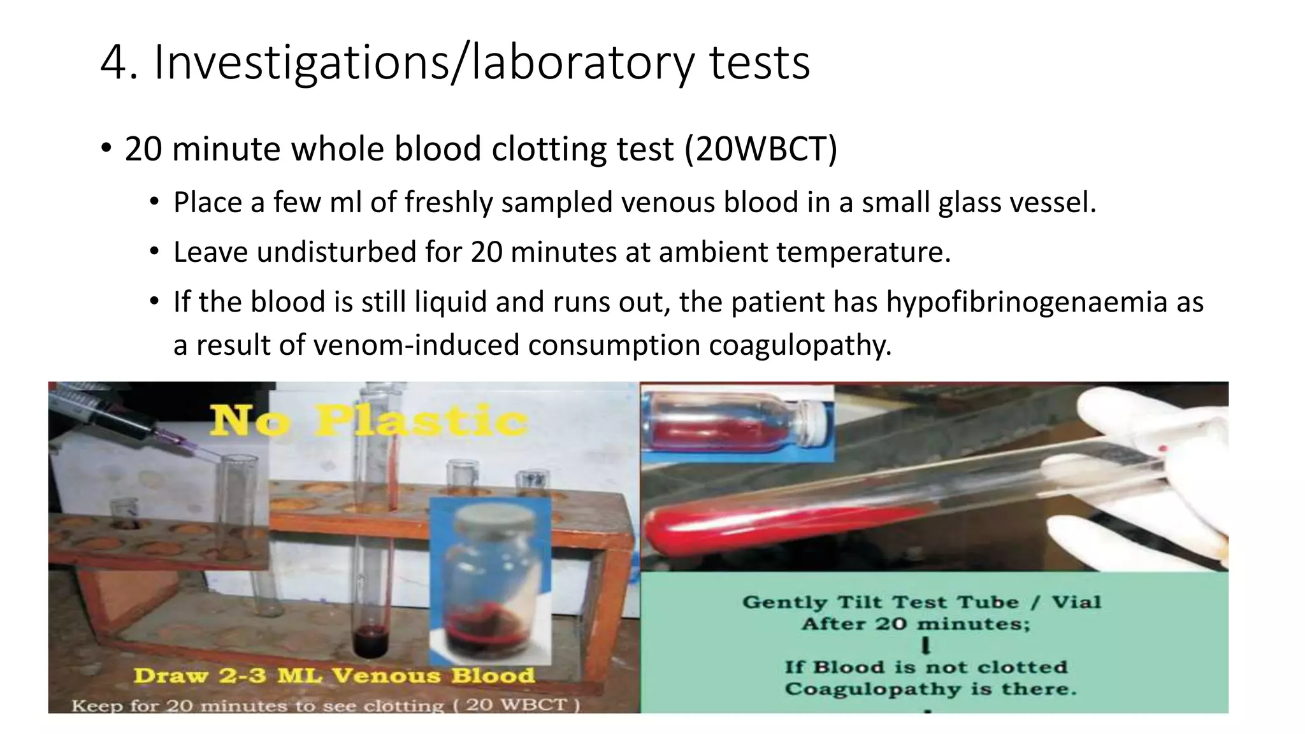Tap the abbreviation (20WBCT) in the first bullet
tap(761, 149)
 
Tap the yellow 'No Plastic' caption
tap(369, 420)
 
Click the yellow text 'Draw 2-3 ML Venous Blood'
tap(334, 675)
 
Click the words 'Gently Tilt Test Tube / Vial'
tap(921, 602)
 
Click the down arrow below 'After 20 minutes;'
tap(926, 646)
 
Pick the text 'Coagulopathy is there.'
tap(930, 689)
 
